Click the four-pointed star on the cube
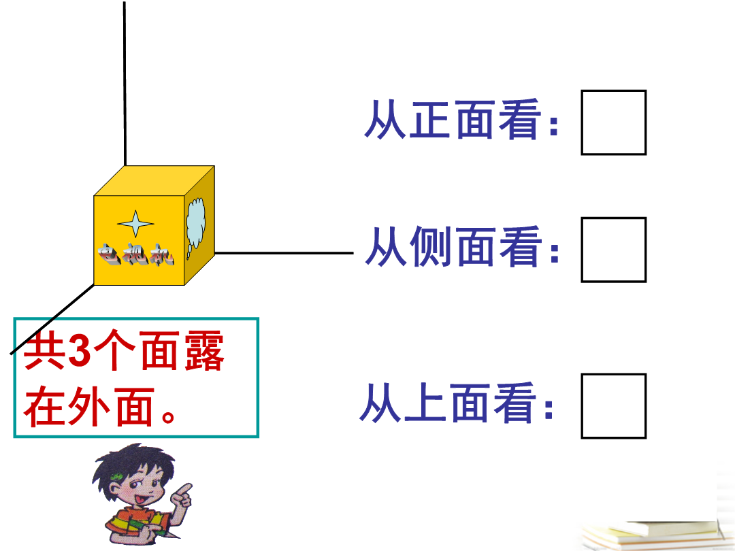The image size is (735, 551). (x=135, y=224)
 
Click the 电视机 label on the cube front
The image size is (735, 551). (x=136, y=254)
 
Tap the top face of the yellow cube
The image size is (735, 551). (x=154, y=180)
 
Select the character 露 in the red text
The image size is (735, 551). (x=204, y=350)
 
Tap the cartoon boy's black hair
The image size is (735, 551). (x=131, y=466)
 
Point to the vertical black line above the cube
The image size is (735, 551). (x=125, y=84)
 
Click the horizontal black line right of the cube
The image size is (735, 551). (x=284, y=253)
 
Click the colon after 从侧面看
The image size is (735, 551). (x=554, y=252)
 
